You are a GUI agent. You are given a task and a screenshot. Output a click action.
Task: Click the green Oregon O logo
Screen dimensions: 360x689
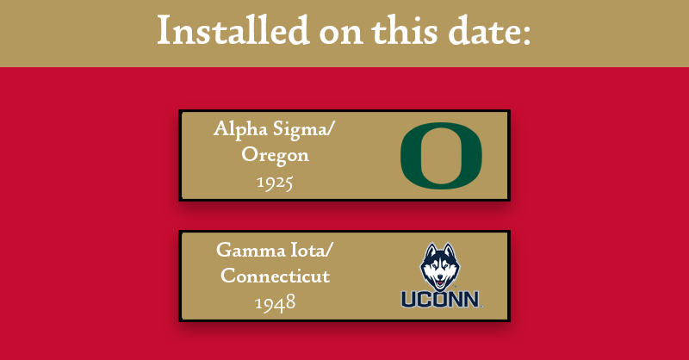coord(441,155)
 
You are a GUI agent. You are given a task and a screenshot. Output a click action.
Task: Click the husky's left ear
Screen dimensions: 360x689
coord(427,251)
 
